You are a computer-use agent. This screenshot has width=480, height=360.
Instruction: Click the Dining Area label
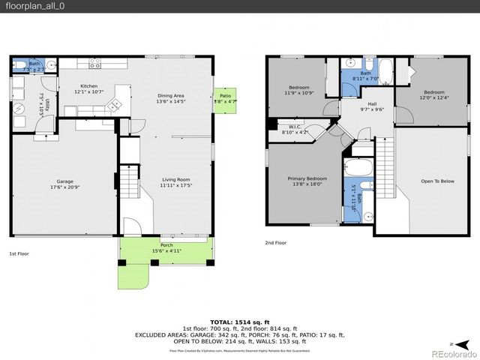(170, 95)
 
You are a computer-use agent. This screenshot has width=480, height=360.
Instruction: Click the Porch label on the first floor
(167, 245)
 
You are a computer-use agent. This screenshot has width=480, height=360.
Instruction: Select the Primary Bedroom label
(307, 178)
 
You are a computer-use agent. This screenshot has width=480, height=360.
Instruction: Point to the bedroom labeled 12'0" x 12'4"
(434, 95)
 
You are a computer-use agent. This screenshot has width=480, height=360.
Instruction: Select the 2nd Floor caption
(275, 242)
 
